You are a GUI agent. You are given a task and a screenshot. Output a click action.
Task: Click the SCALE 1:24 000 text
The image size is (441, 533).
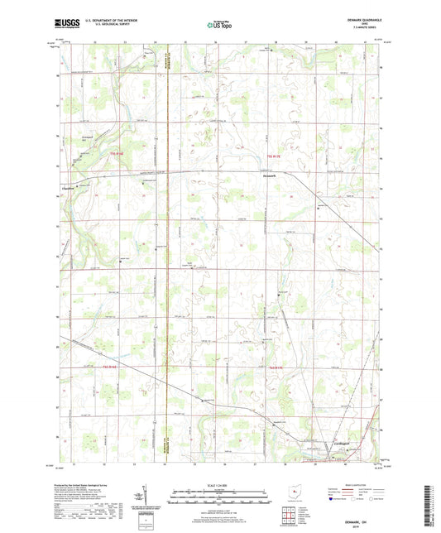219,485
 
